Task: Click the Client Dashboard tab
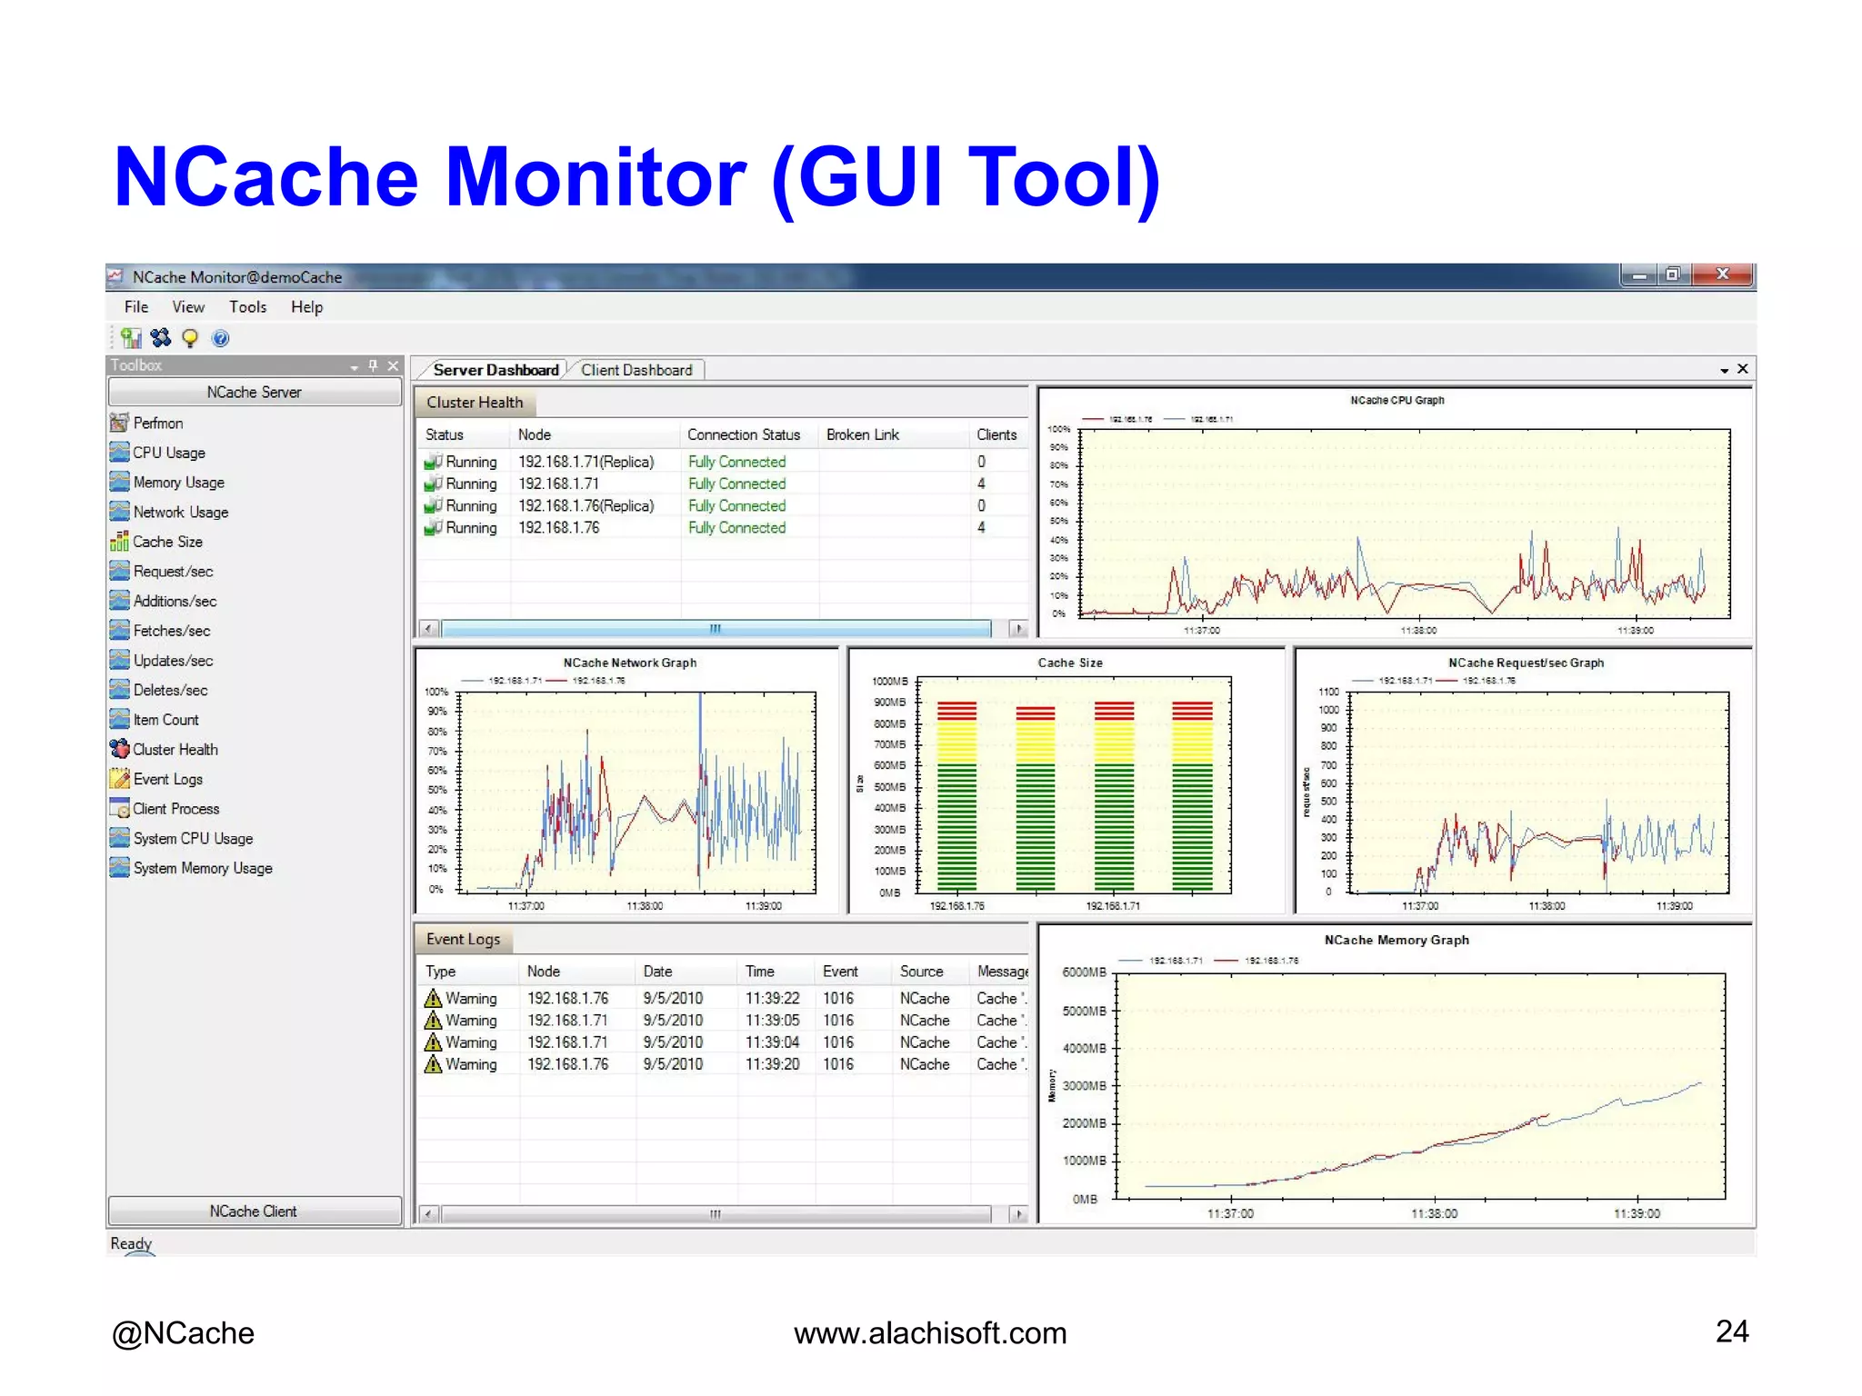[636, 370]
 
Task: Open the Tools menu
[247, 307]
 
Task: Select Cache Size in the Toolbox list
[167, 542]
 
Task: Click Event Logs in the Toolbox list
[167, 779]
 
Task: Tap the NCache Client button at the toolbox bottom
[254, 1212]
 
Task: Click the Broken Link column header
[862, 434]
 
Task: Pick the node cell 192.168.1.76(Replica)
[586, 505]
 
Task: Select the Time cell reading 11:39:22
[772, 998]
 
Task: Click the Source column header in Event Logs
[921, 972]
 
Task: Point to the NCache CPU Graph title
[1396, 400]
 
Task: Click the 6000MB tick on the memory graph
[1084, 972]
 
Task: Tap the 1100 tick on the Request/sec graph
[1328, 692]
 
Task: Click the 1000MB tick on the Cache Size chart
[889, 682]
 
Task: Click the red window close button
[1722, 274]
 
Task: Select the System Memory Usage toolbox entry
[202, 868]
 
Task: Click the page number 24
[1731, 1331]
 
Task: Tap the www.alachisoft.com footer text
[930, 1333]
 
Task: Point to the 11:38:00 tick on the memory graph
[1434, 1213]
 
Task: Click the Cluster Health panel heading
[475, 403]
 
